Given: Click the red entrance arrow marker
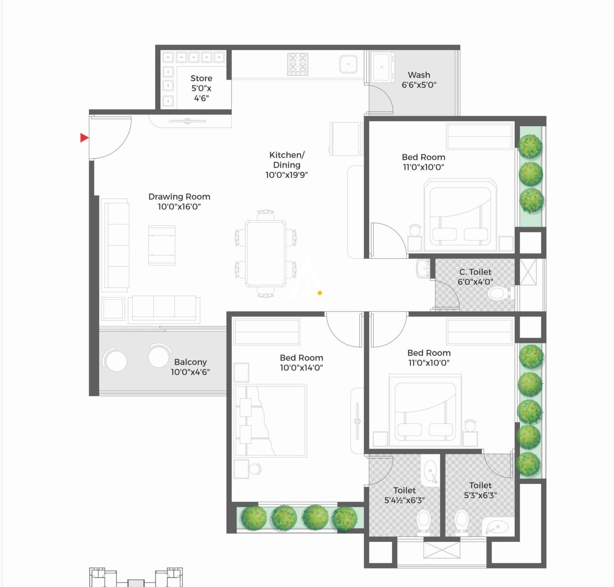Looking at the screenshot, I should tap(84, 137).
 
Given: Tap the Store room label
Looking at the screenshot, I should tap(201, 78).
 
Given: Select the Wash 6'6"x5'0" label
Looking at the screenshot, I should tap(419, 80).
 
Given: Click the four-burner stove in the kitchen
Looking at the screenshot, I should tap(298, 64).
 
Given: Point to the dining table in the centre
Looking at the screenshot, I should tap(266, 254).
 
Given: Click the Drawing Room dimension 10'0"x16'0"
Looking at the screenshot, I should tap(179, 207).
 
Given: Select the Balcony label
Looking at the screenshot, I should tap(190, 362).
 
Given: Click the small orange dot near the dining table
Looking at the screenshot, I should tap(320, 293).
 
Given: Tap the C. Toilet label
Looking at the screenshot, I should tap(475, 272).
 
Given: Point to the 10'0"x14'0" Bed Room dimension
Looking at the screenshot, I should tap(301, 368).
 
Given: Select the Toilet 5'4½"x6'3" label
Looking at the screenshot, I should tap(404, 495).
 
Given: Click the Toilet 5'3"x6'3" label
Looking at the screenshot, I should tap(480, 490).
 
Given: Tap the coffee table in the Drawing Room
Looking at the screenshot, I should tap(162, 245).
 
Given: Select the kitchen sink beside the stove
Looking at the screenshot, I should tap(348, 64).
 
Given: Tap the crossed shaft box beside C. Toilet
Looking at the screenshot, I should tap(528, 272).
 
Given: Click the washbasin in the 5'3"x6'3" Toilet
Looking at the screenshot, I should tap(496, 528).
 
